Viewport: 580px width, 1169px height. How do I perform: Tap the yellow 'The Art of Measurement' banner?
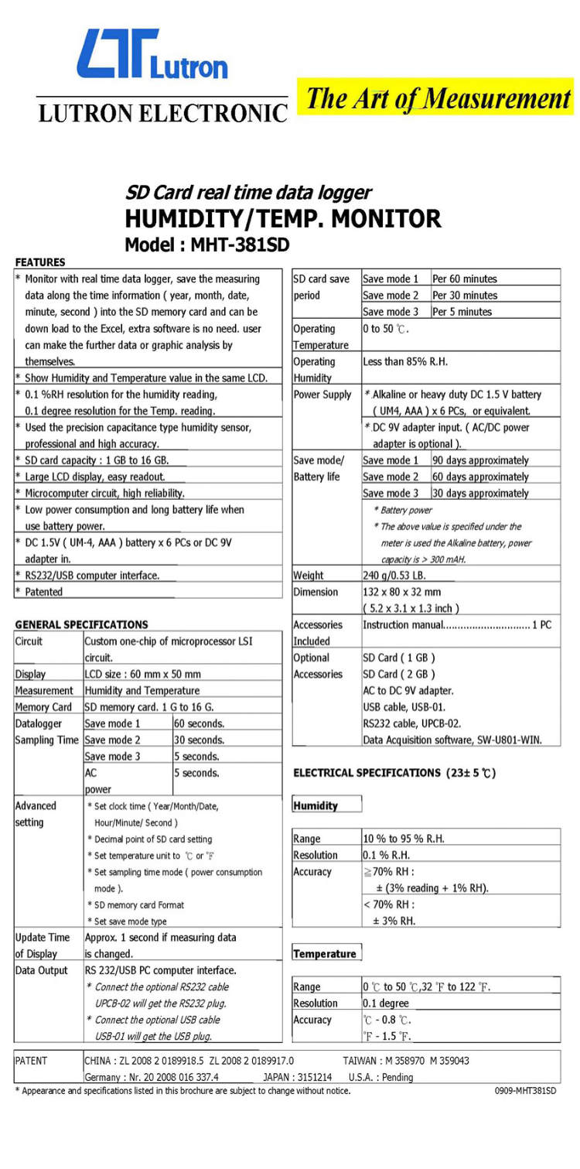point(438,99)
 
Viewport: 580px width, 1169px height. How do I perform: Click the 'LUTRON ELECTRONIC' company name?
point(163,113)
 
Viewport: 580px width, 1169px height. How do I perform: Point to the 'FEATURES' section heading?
point(40,262)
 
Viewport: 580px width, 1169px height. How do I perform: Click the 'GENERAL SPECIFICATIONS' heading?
point(81,624)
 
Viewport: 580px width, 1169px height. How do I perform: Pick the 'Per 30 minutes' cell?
point(465,296)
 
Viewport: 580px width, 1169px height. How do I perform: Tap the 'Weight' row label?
point(309,576)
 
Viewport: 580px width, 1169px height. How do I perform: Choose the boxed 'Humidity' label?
point(316,805)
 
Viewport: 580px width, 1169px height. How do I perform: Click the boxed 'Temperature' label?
point(325,954)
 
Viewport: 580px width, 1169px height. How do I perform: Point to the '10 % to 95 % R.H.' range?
point(404,839)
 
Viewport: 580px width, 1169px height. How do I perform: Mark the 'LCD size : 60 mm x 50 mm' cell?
point(142,674)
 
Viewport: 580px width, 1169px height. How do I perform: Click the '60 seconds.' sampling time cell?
point(200,723)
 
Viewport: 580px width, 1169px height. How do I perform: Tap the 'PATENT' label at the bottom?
point(31,1061)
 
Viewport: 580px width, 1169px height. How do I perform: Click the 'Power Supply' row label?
point(322,395)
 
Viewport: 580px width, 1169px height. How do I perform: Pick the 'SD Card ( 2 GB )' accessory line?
point(399,674)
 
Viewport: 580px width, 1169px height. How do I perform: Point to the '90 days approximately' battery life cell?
point(480,460)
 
